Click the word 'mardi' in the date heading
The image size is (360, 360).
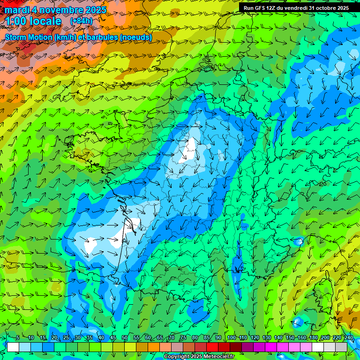[x=16, y=10]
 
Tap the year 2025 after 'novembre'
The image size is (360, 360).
[x=93, y=10]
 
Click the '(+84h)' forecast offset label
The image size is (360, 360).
[x=81, y=21]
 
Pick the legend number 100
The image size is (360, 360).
[x=231, y=338]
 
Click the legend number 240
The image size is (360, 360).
[x=348, y=338]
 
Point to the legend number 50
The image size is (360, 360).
[x=125, y=338]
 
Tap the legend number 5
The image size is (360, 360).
[x=18, y=338]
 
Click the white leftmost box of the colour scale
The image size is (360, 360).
[x=13, y=347]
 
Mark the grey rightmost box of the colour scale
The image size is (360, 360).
[x=341, y=347]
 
